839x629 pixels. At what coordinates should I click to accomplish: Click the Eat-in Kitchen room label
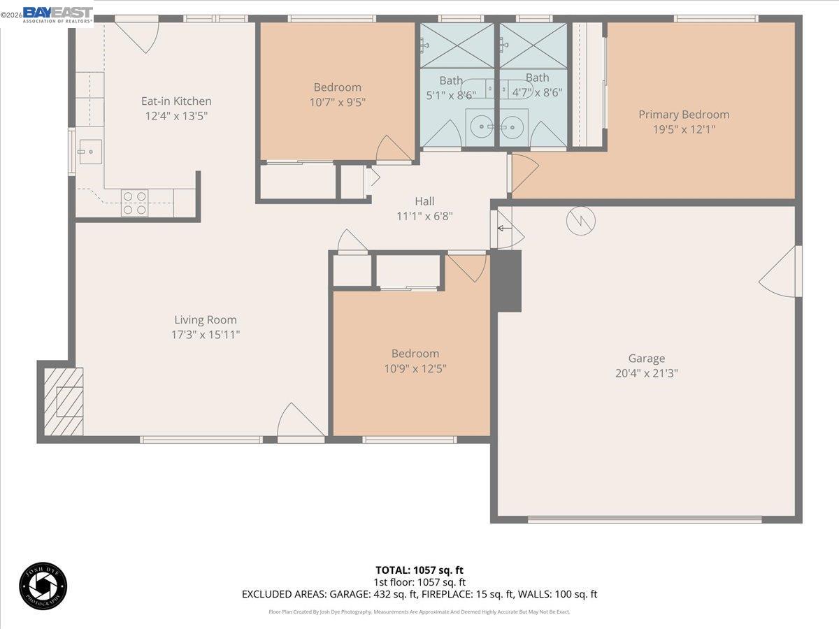(x=176, y=101)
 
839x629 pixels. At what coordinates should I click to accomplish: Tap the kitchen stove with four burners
(x=135, y=203)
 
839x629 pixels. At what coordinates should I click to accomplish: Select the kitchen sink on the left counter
(x=90, y=151)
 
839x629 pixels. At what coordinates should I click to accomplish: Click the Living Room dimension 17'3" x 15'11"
(x=206, y=335)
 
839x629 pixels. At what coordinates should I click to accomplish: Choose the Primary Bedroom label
(x=684, y=115)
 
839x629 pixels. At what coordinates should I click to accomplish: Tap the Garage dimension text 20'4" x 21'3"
(x=646, y=373)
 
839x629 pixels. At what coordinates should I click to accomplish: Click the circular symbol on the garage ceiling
(x=581, y=221)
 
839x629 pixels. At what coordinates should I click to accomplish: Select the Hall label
(x=424, y=201)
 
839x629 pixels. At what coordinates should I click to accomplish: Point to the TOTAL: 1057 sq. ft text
(x=419, y=570)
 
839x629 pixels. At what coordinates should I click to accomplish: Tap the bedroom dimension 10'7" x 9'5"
(x=338, y=102)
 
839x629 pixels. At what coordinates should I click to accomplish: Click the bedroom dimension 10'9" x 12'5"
(x=415, y=368)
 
